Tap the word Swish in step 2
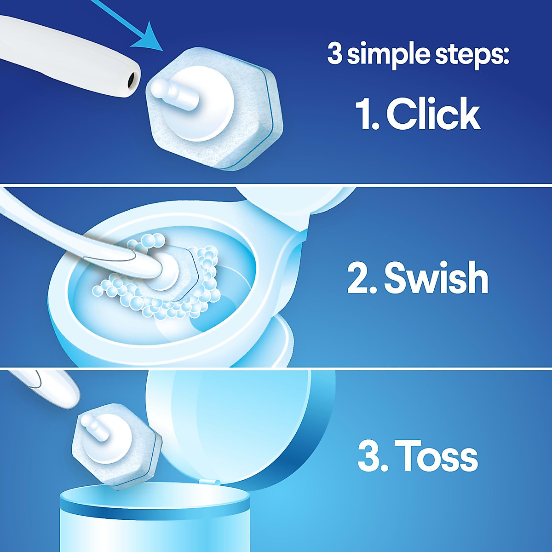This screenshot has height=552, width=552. (436, 278)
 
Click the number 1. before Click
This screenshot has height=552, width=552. (367, 114)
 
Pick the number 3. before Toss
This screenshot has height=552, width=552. (372, 456)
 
